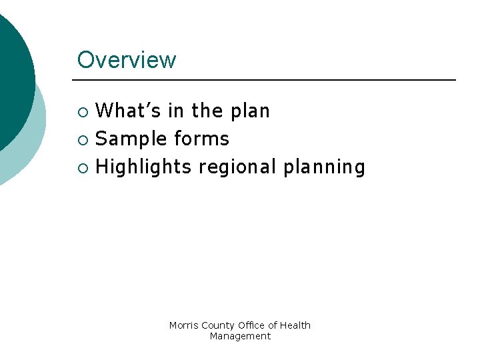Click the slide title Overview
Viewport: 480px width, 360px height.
coord(127,60)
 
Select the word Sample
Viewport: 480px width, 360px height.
coord(131,139)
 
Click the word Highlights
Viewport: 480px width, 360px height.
coord(144,167)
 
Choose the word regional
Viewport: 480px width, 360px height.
coord(237,167)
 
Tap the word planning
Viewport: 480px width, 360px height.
coord(324,167)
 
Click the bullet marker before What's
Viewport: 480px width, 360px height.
coord(82,111)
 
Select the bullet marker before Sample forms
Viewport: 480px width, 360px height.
coord(82,139)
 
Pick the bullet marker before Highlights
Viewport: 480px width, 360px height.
coord(82,167)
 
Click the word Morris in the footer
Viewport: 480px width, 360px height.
coord(184,325)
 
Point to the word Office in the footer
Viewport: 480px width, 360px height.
coord(250,325)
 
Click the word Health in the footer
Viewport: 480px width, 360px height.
coord(295,325)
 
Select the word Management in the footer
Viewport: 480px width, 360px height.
coord(240,336)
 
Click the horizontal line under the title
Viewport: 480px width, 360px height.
coord(267,80)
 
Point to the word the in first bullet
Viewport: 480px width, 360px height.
coord(207,111)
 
